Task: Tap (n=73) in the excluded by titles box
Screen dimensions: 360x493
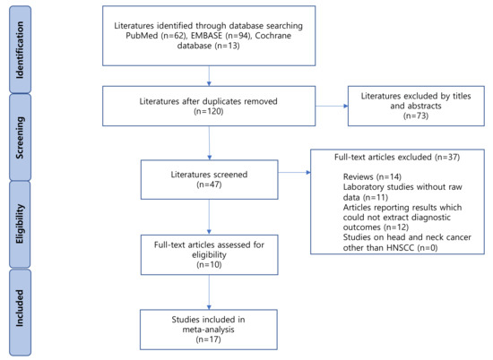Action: coord(415,116)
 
